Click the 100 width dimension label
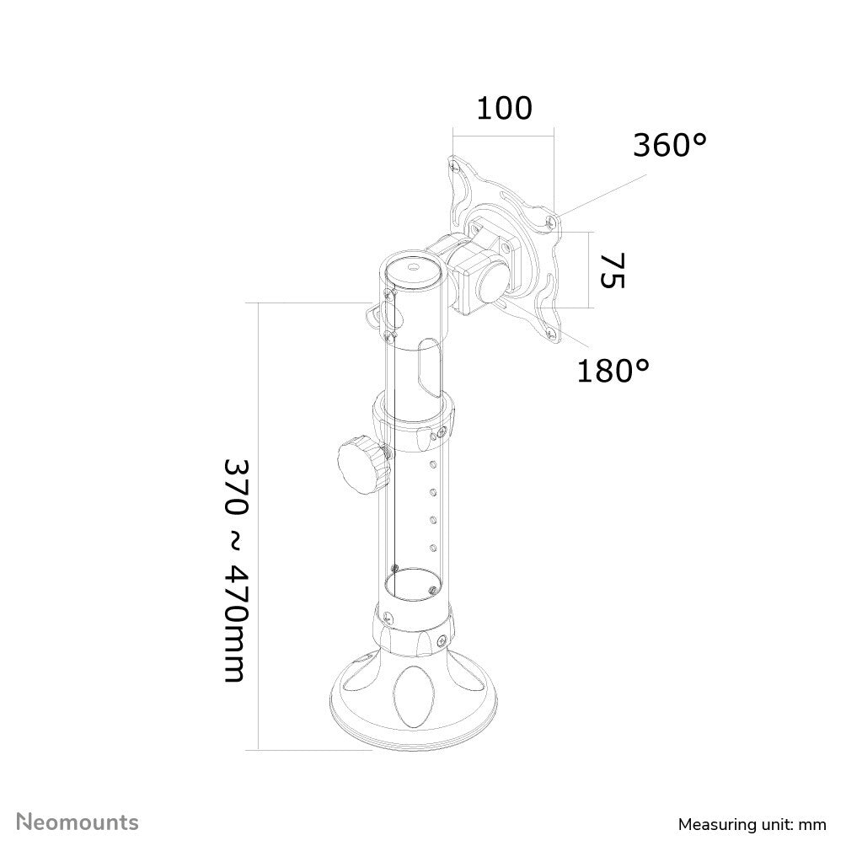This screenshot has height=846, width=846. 505,108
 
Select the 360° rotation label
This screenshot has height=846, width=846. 670,146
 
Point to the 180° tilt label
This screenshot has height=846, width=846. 613,369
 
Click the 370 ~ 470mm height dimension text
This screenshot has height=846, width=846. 235,570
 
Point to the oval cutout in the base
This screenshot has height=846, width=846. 411,696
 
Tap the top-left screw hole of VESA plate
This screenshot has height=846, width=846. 456,164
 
